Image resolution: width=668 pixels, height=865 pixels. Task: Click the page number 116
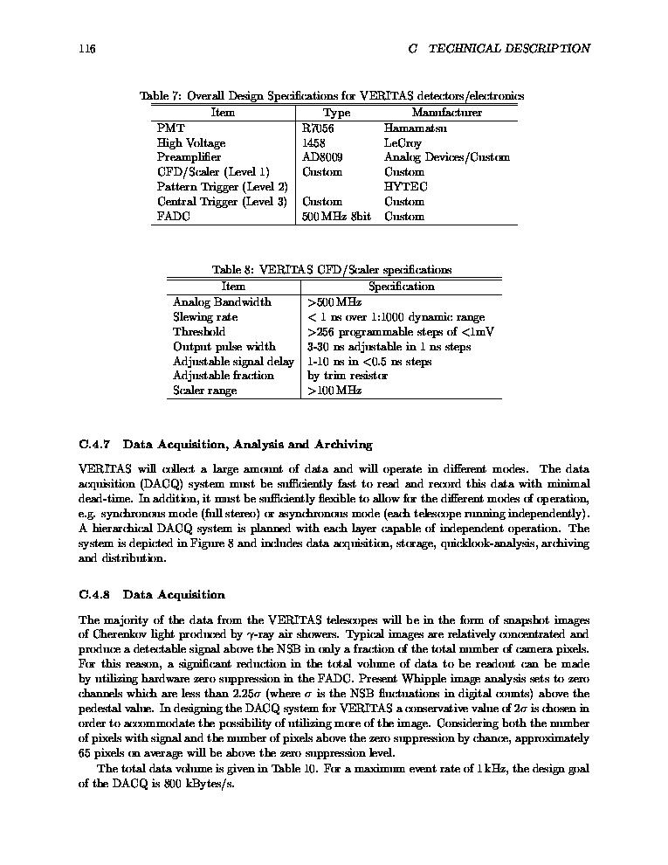pyautogui.click(x=86, y=48)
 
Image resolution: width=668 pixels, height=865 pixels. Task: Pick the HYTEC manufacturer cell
pyautogui.click(x=406, y=187)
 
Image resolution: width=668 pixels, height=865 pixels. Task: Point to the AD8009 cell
pyautogui.click(x=322, y=157)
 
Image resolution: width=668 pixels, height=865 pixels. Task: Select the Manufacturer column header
pyautogui.click(x=446, y=113)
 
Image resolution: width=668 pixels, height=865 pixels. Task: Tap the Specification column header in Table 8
pyautogui.click(x=401, y=287)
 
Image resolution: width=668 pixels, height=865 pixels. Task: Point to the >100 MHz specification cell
pyautogui.click(x=334, y=391)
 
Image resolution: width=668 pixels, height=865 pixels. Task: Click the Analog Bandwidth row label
pyautogui.click(x=222, y=302)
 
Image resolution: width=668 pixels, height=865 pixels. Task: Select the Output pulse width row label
pyautogui.click(x=224, y=347)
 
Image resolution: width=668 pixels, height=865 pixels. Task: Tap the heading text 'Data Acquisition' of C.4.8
pyautogui.click(x=174, y=595)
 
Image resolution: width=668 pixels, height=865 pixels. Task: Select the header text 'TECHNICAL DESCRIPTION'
pyautogui.click(x=507, y=48)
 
